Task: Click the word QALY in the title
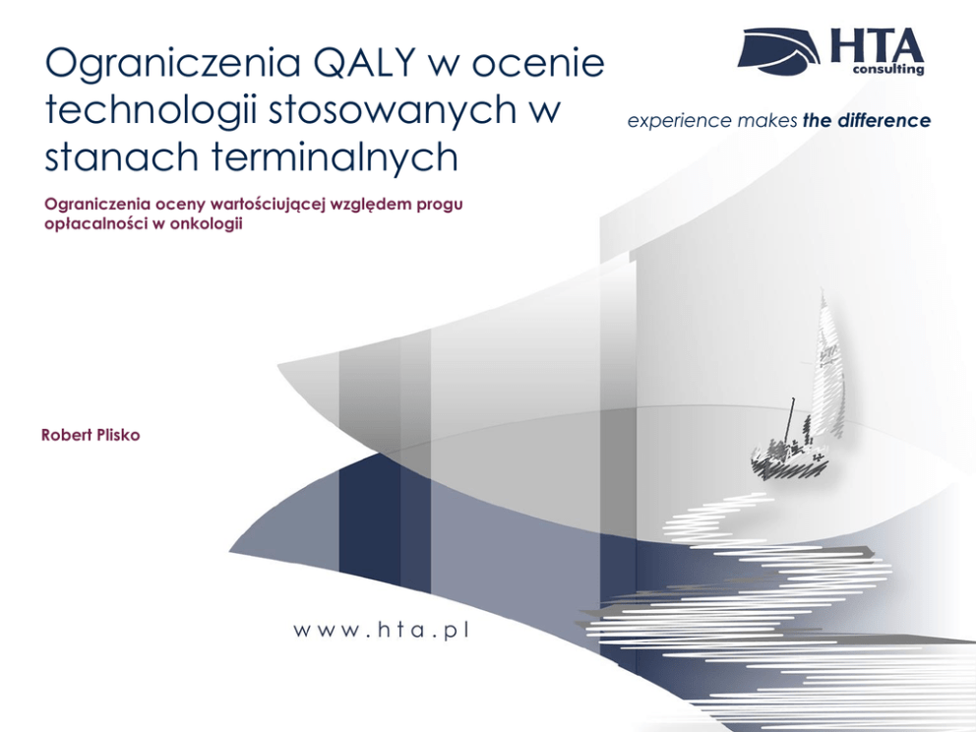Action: coord(364,62)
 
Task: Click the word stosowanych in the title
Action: coord(393,112)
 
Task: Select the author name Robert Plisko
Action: coord(91,435)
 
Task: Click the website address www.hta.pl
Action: coord(381,631)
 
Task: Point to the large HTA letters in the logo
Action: coord(877,45)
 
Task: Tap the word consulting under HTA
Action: coord(888,69)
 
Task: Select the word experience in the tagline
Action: coord(679,121)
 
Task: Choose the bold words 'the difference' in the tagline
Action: coord(867,120)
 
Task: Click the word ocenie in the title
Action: coord(538,64)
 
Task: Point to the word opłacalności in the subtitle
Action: coord(95,224)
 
